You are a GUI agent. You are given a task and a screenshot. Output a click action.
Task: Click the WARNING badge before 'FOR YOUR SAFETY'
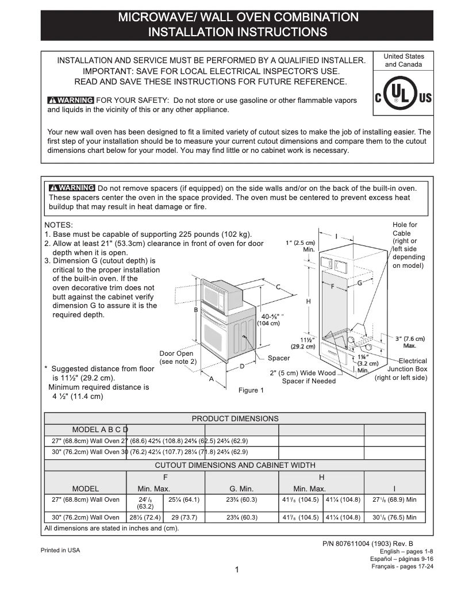[71, 100]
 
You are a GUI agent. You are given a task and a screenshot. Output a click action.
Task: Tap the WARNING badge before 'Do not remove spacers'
[72, 188]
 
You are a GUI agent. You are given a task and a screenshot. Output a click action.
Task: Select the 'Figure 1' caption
[251, 391]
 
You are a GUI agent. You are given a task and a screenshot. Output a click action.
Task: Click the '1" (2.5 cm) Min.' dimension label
[300, 246]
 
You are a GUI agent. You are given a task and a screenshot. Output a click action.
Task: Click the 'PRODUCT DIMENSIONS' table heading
[235, 418]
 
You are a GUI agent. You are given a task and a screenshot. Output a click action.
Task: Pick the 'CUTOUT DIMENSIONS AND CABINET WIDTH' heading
[235, 465]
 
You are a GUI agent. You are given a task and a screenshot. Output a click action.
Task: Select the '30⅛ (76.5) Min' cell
[394, 517]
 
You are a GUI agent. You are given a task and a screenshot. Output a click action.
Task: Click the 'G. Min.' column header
[241, 489]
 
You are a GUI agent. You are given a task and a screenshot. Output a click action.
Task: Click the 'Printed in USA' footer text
[60, 550]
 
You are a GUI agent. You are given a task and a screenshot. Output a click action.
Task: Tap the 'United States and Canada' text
[404, 60]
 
